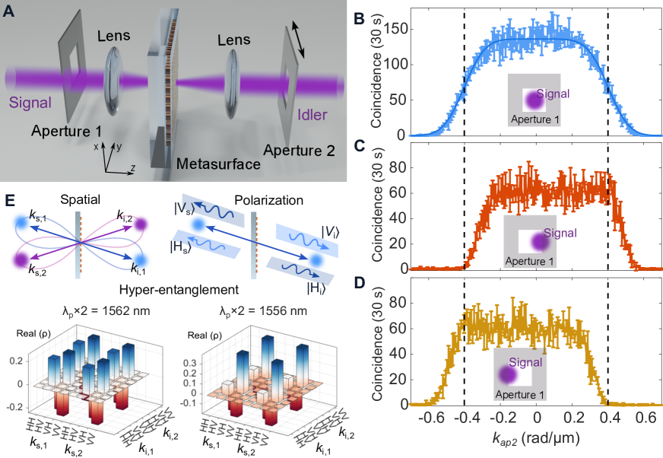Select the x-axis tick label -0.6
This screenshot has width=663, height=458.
pyautogui.click(x=433, y=418)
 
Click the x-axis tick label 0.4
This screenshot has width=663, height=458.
pyautogui.click(x=609, y=418)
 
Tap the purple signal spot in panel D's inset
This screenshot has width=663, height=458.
pyautogui.click(x=507, y=375)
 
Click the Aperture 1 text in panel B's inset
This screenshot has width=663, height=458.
pyautogui.click(x=535, y=119)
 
